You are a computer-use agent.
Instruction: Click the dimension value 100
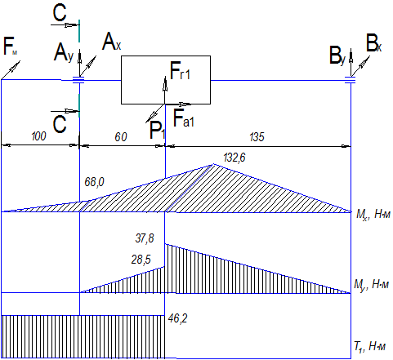click(39, 136)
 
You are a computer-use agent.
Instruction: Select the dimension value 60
click(121, 137)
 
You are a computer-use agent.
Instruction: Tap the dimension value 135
click(257, 137)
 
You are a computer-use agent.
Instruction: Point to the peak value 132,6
click(234, 158)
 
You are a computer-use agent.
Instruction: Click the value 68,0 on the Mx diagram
click(94, 182)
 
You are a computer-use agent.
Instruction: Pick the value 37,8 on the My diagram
click(145, 238)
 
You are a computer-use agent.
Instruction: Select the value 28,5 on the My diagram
click(141, 260)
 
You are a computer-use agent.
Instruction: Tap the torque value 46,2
click(177, 318)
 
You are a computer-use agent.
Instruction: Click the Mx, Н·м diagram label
click(373, 215)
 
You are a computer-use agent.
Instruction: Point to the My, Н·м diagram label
click(372, 285)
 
